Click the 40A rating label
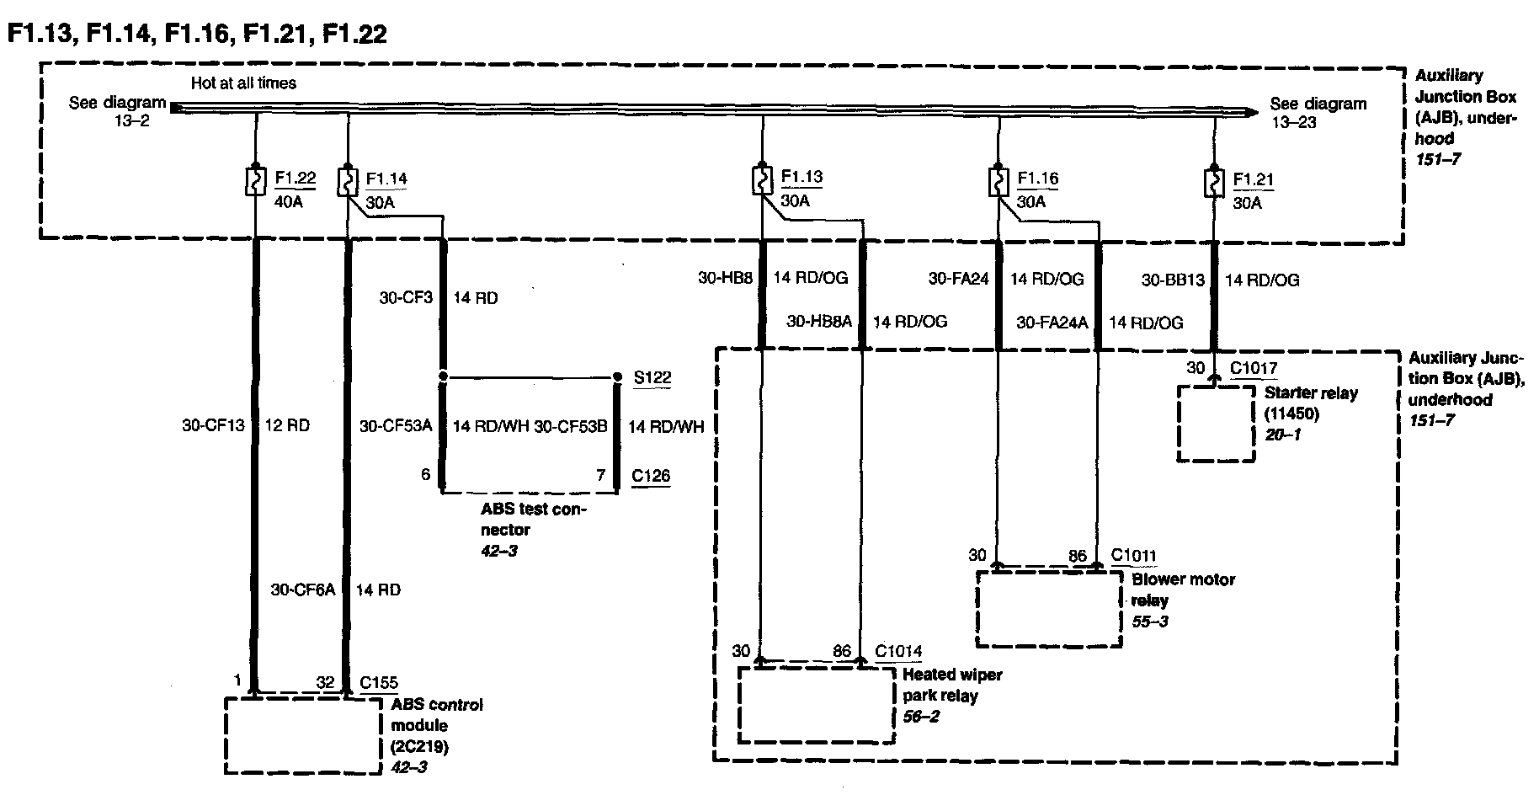[289, 203]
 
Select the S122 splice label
[652, 377]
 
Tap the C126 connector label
[652, 476]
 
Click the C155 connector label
[379, 683]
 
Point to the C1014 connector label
[898, 651]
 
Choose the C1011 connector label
[1133, 556]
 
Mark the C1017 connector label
[1254, 368]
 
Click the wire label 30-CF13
[213, 425]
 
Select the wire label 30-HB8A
[819, 321]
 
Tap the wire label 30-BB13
[1174, 280]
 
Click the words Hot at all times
[243, 83]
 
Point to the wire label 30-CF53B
[570, 426]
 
